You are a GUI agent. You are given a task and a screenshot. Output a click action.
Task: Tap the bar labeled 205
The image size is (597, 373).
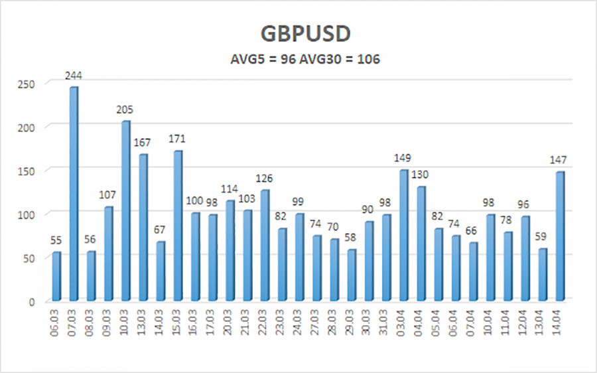(125, 211)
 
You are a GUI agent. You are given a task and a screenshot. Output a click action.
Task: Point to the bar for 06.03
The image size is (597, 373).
(56, 277)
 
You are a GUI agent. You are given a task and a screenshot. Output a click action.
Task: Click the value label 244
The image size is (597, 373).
(74, 76)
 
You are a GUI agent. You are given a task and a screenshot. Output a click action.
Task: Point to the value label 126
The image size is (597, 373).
(264, 179)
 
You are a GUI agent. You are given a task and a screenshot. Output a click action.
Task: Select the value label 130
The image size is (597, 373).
(420, 175)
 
